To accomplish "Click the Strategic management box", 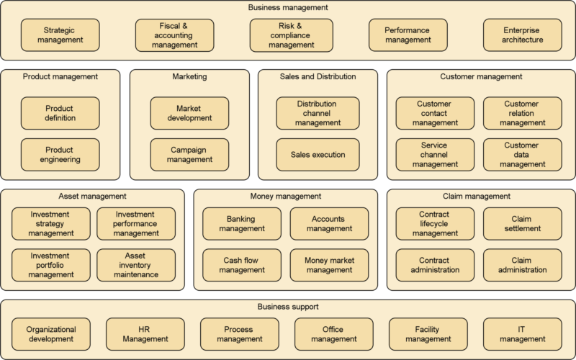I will (x=63, y=35).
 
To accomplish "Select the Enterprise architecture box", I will (x=523, y=35).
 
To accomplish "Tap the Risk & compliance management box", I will (x=292, y=35).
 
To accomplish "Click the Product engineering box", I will (x=59, y=154).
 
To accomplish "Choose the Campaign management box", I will (x=189, y=154).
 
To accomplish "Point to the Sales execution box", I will (x=318, y=154).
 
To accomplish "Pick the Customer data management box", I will (x=521, y=154).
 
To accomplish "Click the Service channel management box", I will (x=435, y=154).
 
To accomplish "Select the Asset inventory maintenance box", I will (x=136, y=265).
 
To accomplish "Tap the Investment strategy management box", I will (x=51, y=223).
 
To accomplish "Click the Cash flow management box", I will (x=243, y=265).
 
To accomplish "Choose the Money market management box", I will (x=329, y=265).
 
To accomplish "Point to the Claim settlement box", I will (x=521, y=223).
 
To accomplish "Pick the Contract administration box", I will (x=435, y=265).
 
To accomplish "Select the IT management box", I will (x=521, y=334).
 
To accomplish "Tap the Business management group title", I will (x=288, y=7).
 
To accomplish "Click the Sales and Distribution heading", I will (x=318, y=76).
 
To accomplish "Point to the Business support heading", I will (x=288, y=307).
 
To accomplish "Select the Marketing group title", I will (x=189, y=76).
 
